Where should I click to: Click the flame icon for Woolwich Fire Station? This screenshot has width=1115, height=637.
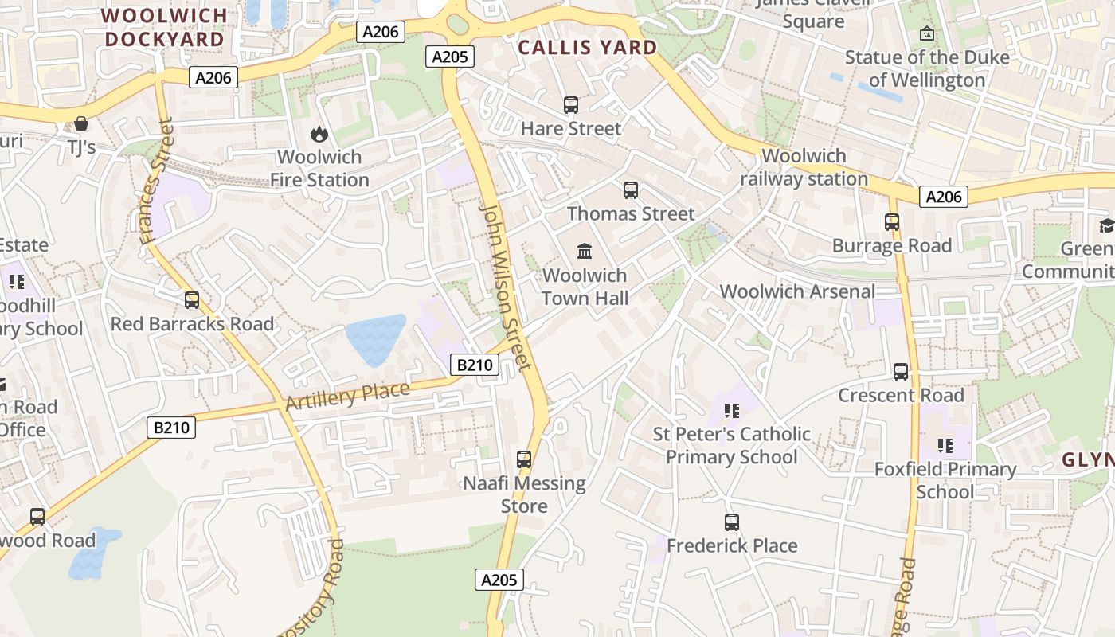tap(319, 134)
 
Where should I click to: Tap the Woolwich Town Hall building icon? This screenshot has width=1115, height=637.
tap(585, 252)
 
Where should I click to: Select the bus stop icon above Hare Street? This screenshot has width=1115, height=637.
tap(570, 105)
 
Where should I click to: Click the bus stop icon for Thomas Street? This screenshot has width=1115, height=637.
tap(631, 190)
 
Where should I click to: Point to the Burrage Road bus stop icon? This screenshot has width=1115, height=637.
tap(892, 222)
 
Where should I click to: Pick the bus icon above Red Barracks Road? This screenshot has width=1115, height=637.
tap(192, 300)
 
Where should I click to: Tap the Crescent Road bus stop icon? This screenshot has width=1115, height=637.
tap(901, 372)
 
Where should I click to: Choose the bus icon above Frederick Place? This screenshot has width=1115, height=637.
tap(732, 522)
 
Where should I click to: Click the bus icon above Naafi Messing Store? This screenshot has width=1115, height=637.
tap(524, 459)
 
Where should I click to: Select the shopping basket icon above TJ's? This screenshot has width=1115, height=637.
tap(80, 123)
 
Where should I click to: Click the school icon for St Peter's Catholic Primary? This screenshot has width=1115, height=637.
tap(732, 411)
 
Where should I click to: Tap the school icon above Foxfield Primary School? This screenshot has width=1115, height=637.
tap(945, 446)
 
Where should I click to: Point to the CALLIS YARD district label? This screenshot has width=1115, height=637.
tap(588, 48)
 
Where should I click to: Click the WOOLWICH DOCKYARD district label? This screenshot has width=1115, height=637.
tap(164, 27)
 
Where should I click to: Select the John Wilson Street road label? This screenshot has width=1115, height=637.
tap(505, 287)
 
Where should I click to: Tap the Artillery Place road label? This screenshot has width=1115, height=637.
tap(347, 396)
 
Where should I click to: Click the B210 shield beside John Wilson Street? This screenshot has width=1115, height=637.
tap(475, 365)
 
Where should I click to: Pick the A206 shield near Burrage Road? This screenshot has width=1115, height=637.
tap(944, 197)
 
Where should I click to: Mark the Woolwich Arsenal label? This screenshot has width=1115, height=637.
tap(797, 291)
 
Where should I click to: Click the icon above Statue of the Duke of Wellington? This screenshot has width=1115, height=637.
tap(926, 33)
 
